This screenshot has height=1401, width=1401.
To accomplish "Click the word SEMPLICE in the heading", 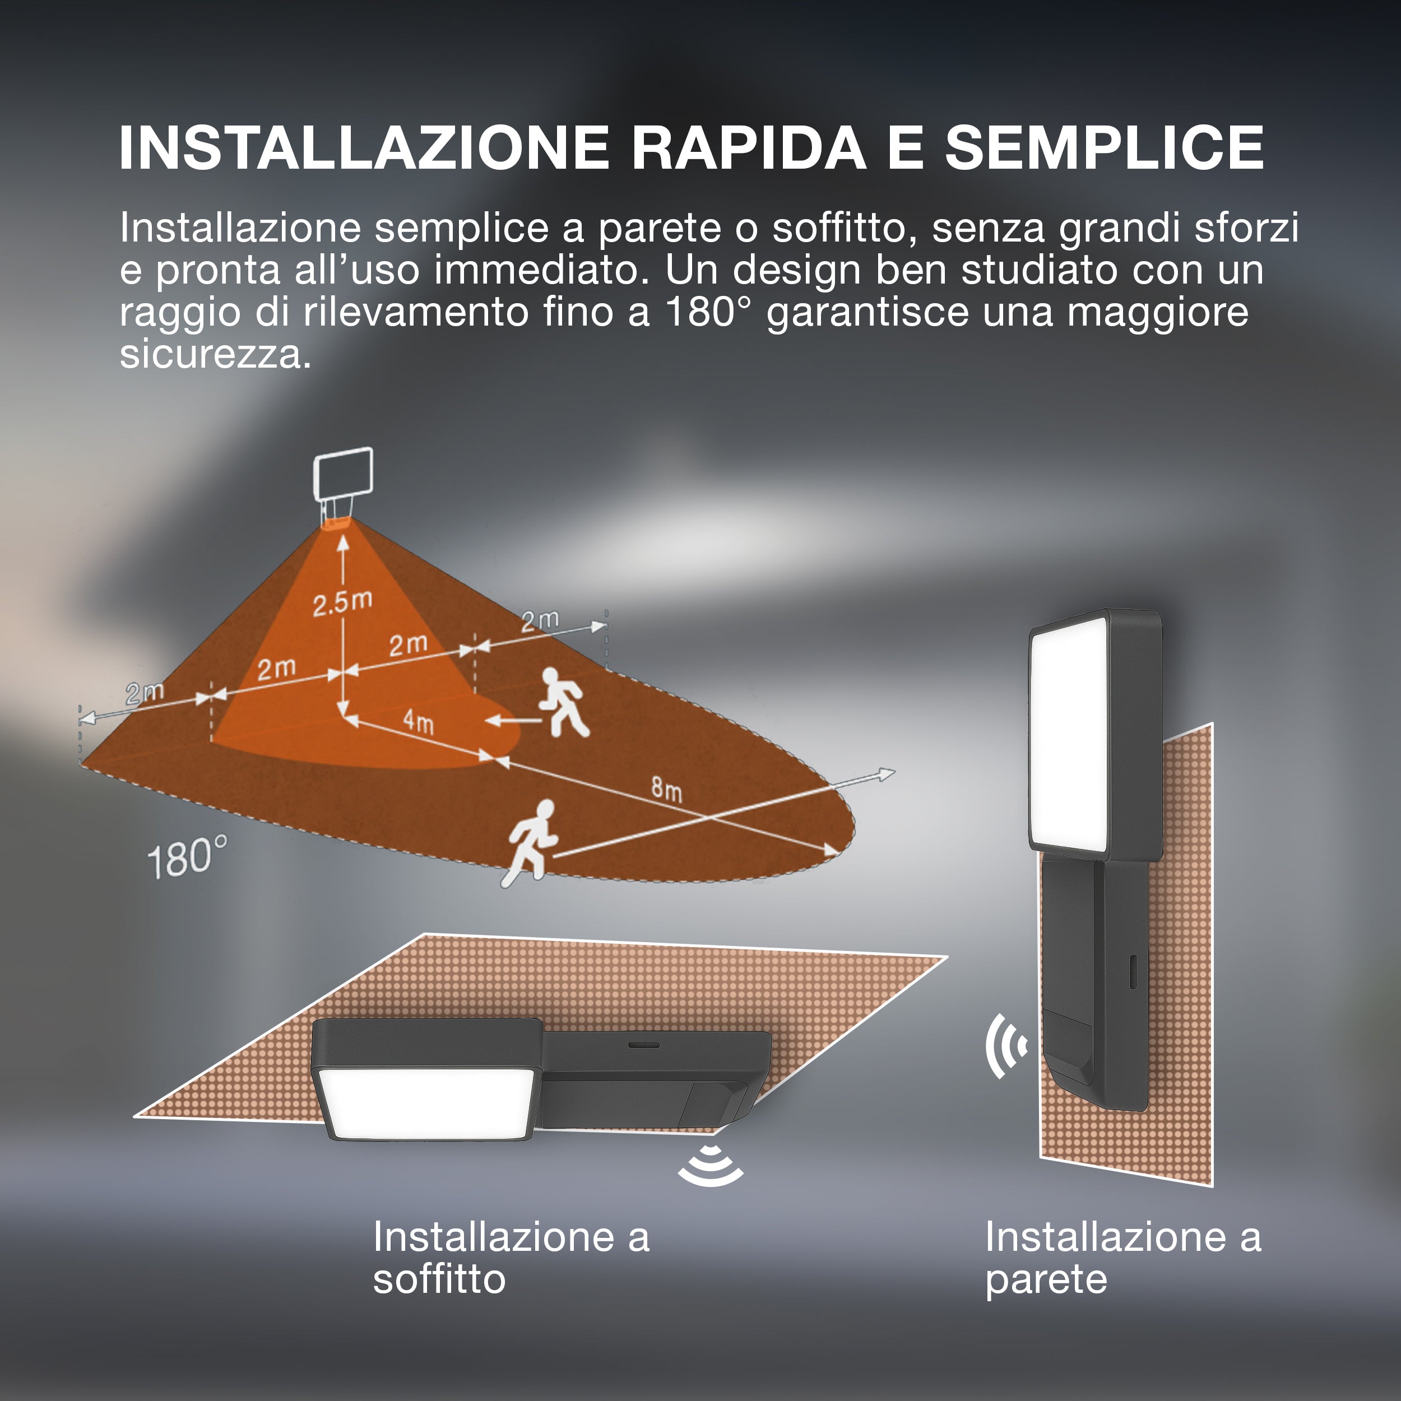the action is click(x=1105, y=148).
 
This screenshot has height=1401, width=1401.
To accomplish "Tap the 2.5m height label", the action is click(x=342, y=602).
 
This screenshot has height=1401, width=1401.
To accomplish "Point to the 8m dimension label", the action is click(x=666, y=788).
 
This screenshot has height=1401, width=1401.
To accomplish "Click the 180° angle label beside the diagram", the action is click(x=187, y=857).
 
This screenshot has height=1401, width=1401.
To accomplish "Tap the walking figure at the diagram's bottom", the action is click(x=531, y=843).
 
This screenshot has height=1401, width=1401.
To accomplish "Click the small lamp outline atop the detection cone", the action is click(x=342, y=488).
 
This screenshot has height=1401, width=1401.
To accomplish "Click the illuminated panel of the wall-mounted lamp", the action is click(x=1068, y=732).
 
